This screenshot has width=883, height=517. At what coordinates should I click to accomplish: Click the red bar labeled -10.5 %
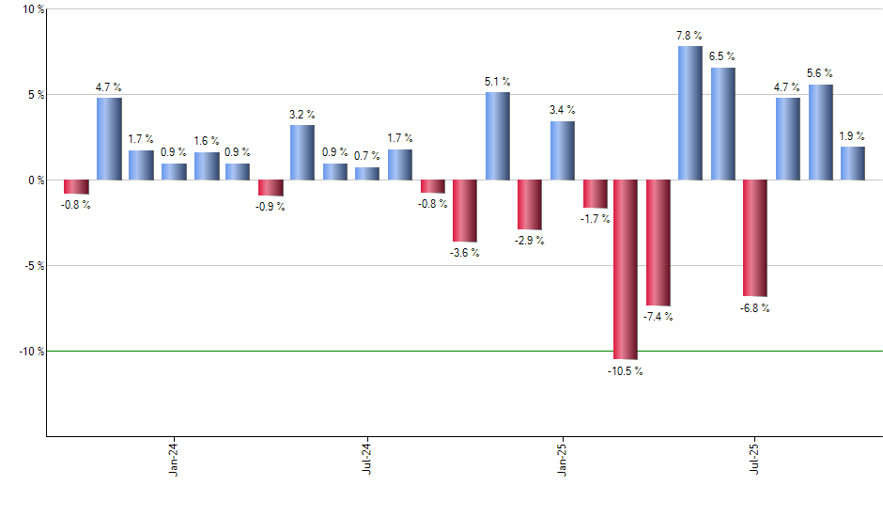click(626, 269)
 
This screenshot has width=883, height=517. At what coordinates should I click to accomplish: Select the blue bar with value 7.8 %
click(690, 113)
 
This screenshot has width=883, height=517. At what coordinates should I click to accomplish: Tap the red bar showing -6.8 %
click(755, 238)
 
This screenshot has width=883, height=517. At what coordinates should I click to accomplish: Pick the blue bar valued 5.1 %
click(498, 136)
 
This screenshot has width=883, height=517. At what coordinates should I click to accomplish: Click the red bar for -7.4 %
click(658, 243)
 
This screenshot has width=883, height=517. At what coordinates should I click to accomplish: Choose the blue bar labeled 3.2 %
click(302, 152)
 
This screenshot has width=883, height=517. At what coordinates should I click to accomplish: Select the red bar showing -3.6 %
click(465, 211)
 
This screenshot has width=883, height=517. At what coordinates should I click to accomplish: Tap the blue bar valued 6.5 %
click(723, 123)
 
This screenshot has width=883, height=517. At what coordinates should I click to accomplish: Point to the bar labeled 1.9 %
click(853, 163)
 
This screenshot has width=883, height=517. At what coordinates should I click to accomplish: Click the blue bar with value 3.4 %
click(563, 150)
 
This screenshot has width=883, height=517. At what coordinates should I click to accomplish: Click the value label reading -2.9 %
click(530, 241)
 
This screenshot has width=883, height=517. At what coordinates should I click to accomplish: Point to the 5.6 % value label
click(820, 73)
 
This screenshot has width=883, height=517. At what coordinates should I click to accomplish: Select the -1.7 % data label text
click(595, 219)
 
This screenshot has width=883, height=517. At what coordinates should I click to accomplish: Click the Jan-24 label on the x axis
click(174, 459)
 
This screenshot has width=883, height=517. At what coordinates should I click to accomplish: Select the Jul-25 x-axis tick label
click(756, 459)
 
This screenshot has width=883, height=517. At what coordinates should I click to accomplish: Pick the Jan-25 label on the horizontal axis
click(563, 459)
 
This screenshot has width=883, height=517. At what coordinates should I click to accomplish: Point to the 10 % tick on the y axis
click(33, 9)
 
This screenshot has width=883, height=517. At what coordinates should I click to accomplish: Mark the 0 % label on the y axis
click(35, 180)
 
